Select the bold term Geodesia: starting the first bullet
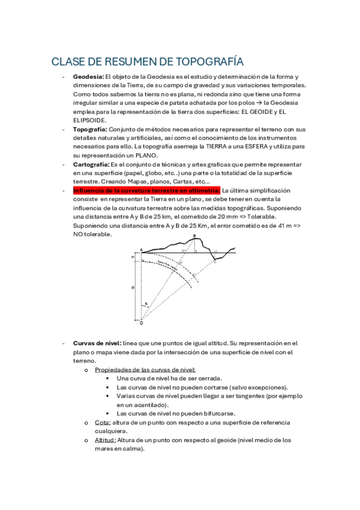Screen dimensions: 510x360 [x=89, y=77]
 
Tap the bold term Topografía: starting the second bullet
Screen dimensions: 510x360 [x=91, y=129]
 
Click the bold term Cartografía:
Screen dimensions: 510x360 [x=92, y=164]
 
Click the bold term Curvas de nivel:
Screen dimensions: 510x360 [x=97, y=343]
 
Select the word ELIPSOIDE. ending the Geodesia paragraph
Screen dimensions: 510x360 [x=90, y=120]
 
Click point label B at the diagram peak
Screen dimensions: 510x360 [x=194, y=235]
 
